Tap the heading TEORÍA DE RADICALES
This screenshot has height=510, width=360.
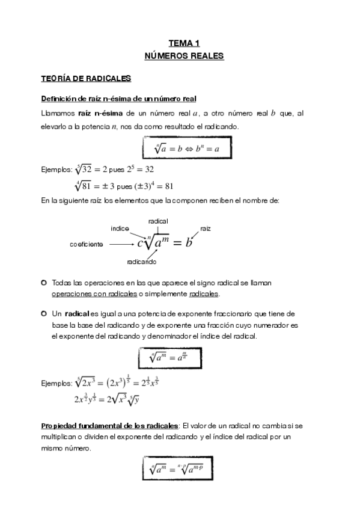tap(82, 78)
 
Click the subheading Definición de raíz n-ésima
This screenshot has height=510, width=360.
tap(118, 99)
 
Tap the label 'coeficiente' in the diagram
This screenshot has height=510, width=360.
tap(87, 244)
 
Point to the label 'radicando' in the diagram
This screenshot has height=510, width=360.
tap(142, 262)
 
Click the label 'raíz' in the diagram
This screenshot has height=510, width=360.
tap(206, 229)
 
